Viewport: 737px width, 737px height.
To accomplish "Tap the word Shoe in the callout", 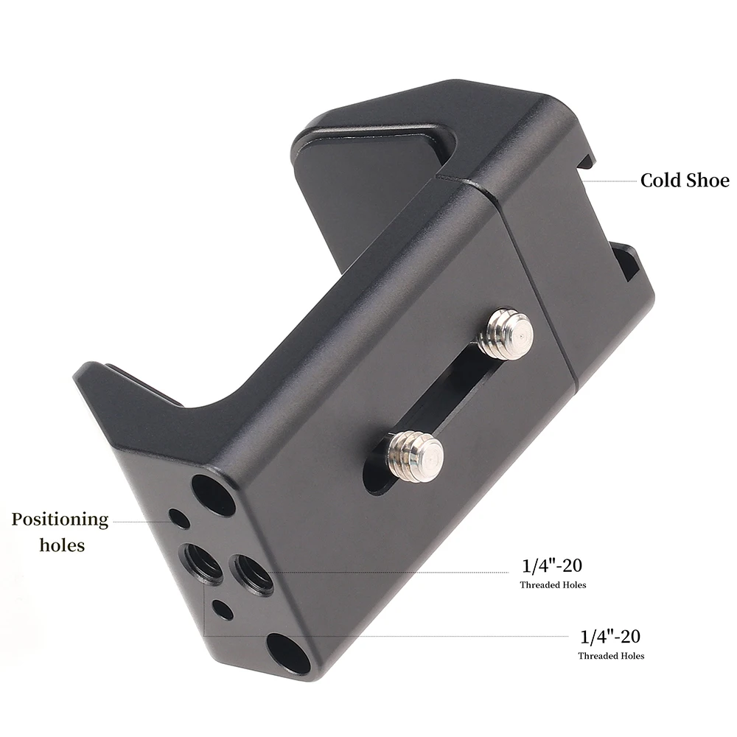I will point(707,181).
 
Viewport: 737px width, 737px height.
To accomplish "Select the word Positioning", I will point(60,520).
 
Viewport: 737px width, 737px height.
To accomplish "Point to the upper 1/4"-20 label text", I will point(552,566).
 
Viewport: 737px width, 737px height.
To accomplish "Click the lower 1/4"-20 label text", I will point(611,636).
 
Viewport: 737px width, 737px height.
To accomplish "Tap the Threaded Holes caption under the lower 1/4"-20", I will point(611,656).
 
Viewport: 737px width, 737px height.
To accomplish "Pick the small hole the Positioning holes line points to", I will point(178,518).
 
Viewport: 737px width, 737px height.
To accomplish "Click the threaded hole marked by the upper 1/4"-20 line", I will point(251,572).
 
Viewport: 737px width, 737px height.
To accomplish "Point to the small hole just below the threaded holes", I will point(222,609).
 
